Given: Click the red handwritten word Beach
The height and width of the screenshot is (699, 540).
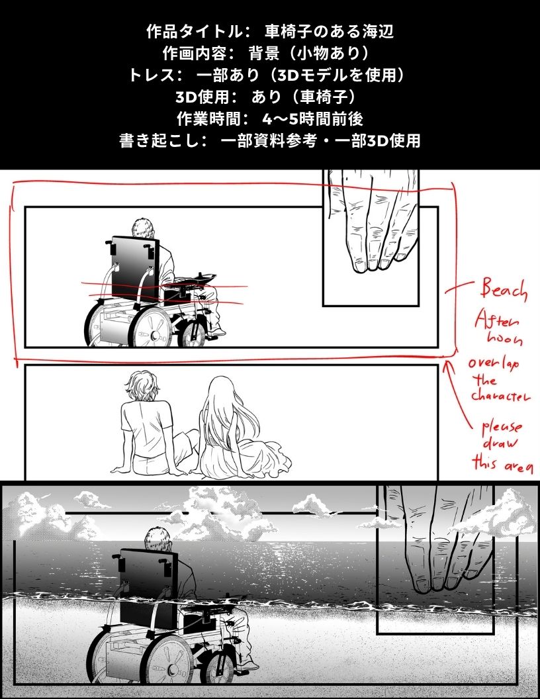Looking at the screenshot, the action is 504,290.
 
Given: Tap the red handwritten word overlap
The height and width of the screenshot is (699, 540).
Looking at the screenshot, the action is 494,363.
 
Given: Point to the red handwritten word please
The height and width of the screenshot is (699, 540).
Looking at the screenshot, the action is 502,428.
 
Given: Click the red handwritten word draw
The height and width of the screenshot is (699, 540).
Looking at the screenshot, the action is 500,443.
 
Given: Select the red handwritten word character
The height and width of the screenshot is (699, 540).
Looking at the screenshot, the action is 500,395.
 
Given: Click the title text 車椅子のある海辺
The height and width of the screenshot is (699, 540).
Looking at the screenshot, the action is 330,32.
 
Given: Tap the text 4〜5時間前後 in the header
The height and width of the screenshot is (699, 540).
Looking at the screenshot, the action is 313,118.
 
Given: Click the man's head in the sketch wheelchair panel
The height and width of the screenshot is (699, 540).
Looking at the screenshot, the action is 144,228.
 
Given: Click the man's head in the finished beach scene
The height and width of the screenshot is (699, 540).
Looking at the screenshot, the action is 158,540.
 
